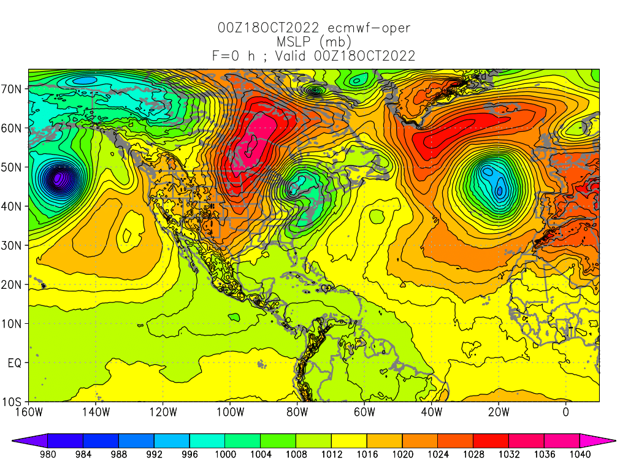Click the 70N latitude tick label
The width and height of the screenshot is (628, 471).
13,89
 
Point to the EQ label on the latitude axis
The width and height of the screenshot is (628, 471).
15,363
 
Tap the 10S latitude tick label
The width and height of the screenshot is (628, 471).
13,402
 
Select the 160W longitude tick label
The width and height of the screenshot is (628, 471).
29,412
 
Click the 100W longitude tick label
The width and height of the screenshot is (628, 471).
230,412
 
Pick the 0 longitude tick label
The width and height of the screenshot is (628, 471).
565,412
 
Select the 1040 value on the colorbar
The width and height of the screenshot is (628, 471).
580,454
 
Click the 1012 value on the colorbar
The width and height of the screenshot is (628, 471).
331,454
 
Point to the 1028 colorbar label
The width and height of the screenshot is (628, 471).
473,454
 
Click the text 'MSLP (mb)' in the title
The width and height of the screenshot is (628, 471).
314,42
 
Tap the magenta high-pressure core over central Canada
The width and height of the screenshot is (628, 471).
256,138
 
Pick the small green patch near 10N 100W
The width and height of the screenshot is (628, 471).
234,317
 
